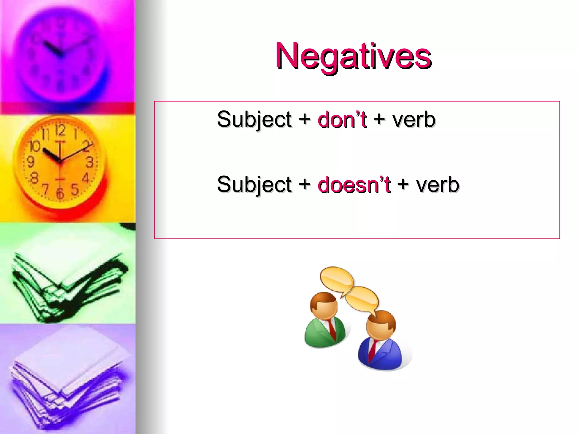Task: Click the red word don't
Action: tap(342, 120)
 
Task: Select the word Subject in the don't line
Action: tap(254, 120)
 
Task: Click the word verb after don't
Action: tap(413, 120)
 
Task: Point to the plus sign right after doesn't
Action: tap(403, 184)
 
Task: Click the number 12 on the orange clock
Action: tap(60, 130)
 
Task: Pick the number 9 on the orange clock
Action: tap(30, 162)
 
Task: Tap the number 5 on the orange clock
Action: tap(75, 189)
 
